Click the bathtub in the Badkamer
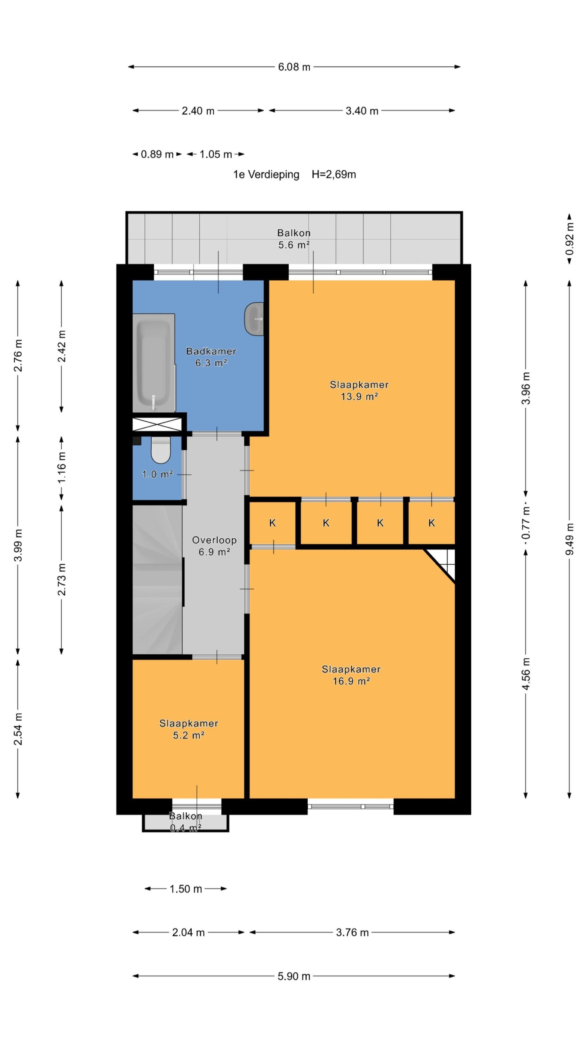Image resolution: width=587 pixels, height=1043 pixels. click(154, 363)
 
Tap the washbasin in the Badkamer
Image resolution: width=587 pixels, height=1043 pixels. click(254, 319)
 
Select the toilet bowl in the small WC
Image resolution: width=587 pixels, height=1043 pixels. click(160, 450)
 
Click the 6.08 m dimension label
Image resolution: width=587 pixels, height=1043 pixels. click(294, 67)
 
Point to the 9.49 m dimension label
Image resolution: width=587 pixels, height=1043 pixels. click(569, 539)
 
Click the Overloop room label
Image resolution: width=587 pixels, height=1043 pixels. click(214, 540)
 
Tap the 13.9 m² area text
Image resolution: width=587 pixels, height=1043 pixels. click(359, 396)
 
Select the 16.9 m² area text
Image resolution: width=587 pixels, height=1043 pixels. click(351, 681)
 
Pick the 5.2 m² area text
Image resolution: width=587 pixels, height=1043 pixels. click(188, 735)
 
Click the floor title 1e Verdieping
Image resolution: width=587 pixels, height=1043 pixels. click(266, 174)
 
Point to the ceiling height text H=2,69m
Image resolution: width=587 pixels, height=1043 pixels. click(334, 174)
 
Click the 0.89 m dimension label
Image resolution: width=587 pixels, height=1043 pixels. click(157, 154)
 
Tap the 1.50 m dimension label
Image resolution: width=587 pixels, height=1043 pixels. click(186, 889)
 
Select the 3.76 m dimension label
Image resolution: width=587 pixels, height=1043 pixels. click(352, 932)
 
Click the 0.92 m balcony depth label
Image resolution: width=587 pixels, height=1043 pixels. click(569, 238)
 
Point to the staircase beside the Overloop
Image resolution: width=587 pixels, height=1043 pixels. click(157, 580)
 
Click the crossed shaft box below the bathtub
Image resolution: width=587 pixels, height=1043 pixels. click(157, 424)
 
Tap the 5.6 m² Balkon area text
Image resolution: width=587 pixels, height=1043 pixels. click(294, 245)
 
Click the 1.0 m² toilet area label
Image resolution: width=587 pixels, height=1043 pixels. click(157, 474)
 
